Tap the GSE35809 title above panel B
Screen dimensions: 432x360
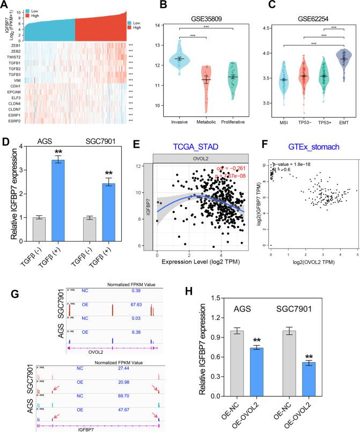[x=182, y=16]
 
